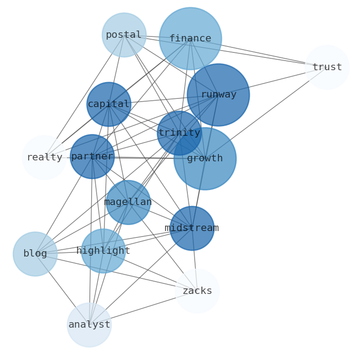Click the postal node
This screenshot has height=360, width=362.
click(x=124, y=35)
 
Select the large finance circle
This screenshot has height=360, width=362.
click(x=191, y=39)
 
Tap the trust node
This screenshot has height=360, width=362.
click(x=327, y=67)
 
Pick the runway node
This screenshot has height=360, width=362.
click(x=218, y=95)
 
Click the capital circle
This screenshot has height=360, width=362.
click(x=109, y=104)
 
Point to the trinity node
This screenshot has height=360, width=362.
click(x=179, y=133)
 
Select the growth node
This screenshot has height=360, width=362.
click(x=205, y=159)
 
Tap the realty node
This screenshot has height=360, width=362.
click(x=44, y=158)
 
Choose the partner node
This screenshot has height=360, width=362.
click(x=92, y=157)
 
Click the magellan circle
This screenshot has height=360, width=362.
click(x=128, y=202)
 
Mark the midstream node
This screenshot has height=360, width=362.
click(x=192, y=228)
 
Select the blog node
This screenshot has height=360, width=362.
click(x=35, y=254)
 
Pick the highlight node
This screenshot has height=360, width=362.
click(x=103, y=251)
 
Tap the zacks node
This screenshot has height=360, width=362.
click(x=197, y=291)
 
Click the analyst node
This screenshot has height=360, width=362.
click(x=89, y=325)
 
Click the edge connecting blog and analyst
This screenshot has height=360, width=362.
click(x=62, y=289)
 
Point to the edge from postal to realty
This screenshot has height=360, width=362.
click(x=84, y=96)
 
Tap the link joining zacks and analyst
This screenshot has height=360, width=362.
click(x=143, y=308)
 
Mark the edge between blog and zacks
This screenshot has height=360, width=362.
click(x=116, y=273)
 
